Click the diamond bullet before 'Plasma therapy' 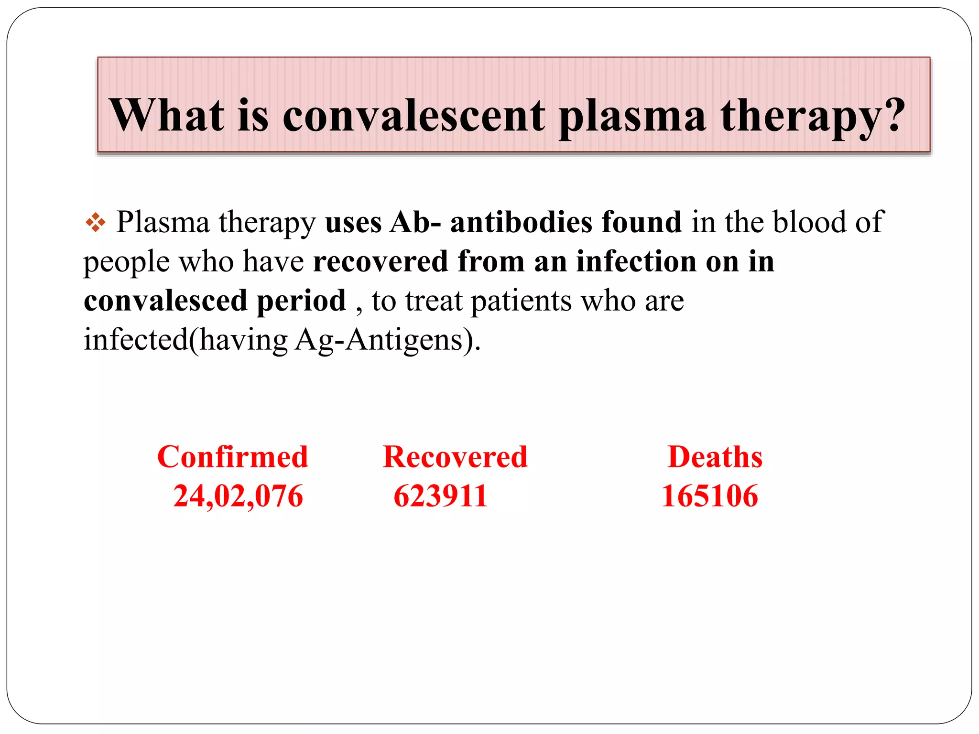[96, 223]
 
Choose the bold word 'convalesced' [166, 301]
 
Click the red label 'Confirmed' [233, 457]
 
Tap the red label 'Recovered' [455, 457]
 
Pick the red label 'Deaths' [715, 457]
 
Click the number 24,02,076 [238, 496]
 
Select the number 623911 [440, 496]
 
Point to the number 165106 [709, 496]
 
